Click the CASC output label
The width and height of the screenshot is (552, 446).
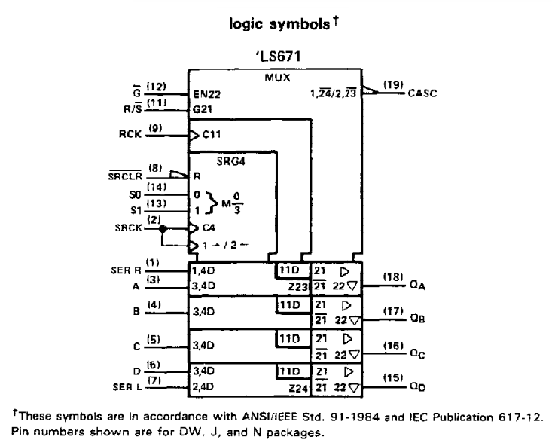click(x=422, y=93)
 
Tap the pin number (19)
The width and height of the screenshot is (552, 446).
click(x=393, y=85)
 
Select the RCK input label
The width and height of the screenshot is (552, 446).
click(x=130, y=134)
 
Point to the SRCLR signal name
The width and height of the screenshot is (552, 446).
click(x=125, y=176)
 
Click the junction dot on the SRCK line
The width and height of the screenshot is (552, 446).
click(x=163, y=229)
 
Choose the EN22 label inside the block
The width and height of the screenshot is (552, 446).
click(x=207, y=94)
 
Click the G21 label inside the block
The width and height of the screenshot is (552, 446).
click(x=203, y=109)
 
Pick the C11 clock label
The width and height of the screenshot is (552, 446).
click(x=212, y=134)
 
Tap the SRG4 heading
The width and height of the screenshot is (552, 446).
click(x=230, y=161)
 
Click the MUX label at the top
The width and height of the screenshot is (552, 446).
click(x=277, y=78)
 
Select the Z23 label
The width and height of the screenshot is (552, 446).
click(x=298, y=287)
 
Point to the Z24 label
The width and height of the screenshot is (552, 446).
click(x=298, y=389)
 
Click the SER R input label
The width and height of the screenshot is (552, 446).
click(x=126, y=270)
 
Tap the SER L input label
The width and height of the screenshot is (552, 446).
click(x=127, y=387)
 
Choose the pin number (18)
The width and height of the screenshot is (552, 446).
click(x=393, y=277)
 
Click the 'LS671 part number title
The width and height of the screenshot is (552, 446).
click(x=278, y=57)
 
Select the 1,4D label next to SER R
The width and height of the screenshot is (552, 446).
click(x=203, y=270)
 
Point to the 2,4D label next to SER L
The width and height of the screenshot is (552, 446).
click(x=203, y=386)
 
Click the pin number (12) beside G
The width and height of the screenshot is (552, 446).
click(x=156, y=87)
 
